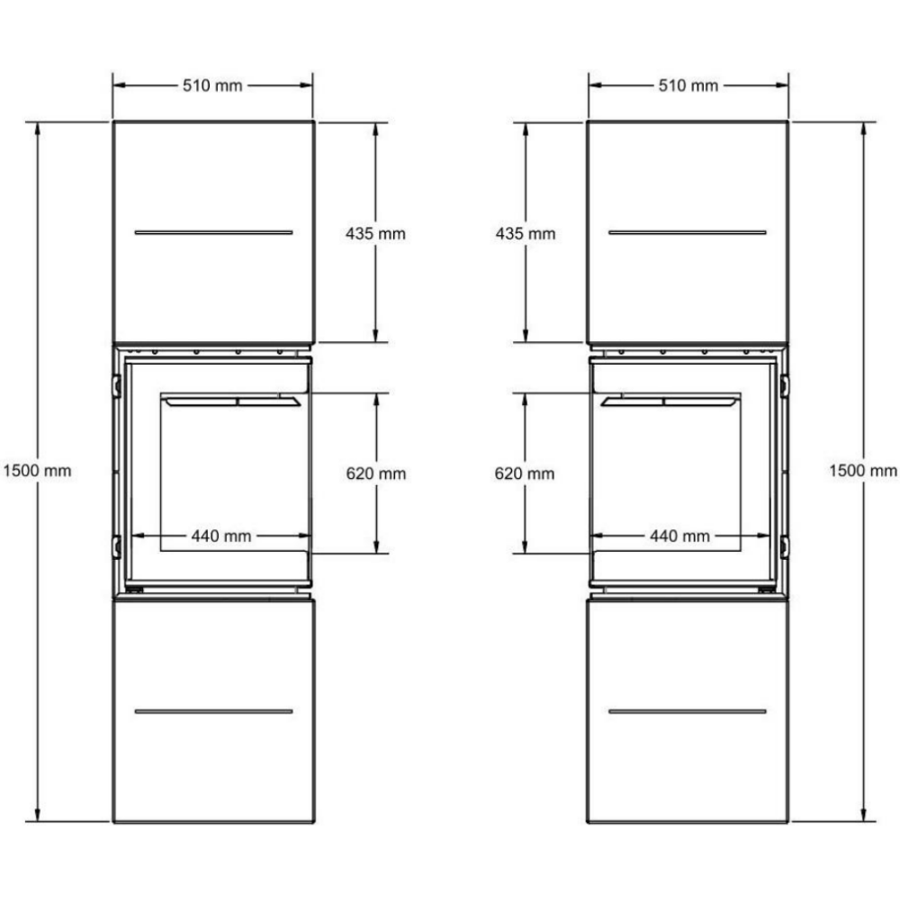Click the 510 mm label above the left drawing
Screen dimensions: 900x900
pos(212,85)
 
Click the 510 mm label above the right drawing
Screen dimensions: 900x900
pos(688,85)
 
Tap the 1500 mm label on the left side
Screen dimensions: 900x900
pos(37,471)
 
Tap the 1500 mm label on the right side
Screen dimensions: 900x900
pos(863,471)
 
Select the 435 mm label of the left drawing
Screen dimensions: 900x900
pos(375,234)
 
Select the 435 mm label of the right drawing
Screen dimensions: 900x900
pos(526,234)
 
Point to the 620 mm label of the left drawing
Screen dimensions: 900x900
pos(376,473)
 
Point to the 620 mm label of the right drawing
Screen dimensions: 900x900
pos(525,473)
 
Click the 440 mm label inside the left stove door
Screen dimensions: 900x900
pos(221,536)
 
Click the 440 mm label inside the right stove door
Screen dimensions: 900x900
pos(679,536)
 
